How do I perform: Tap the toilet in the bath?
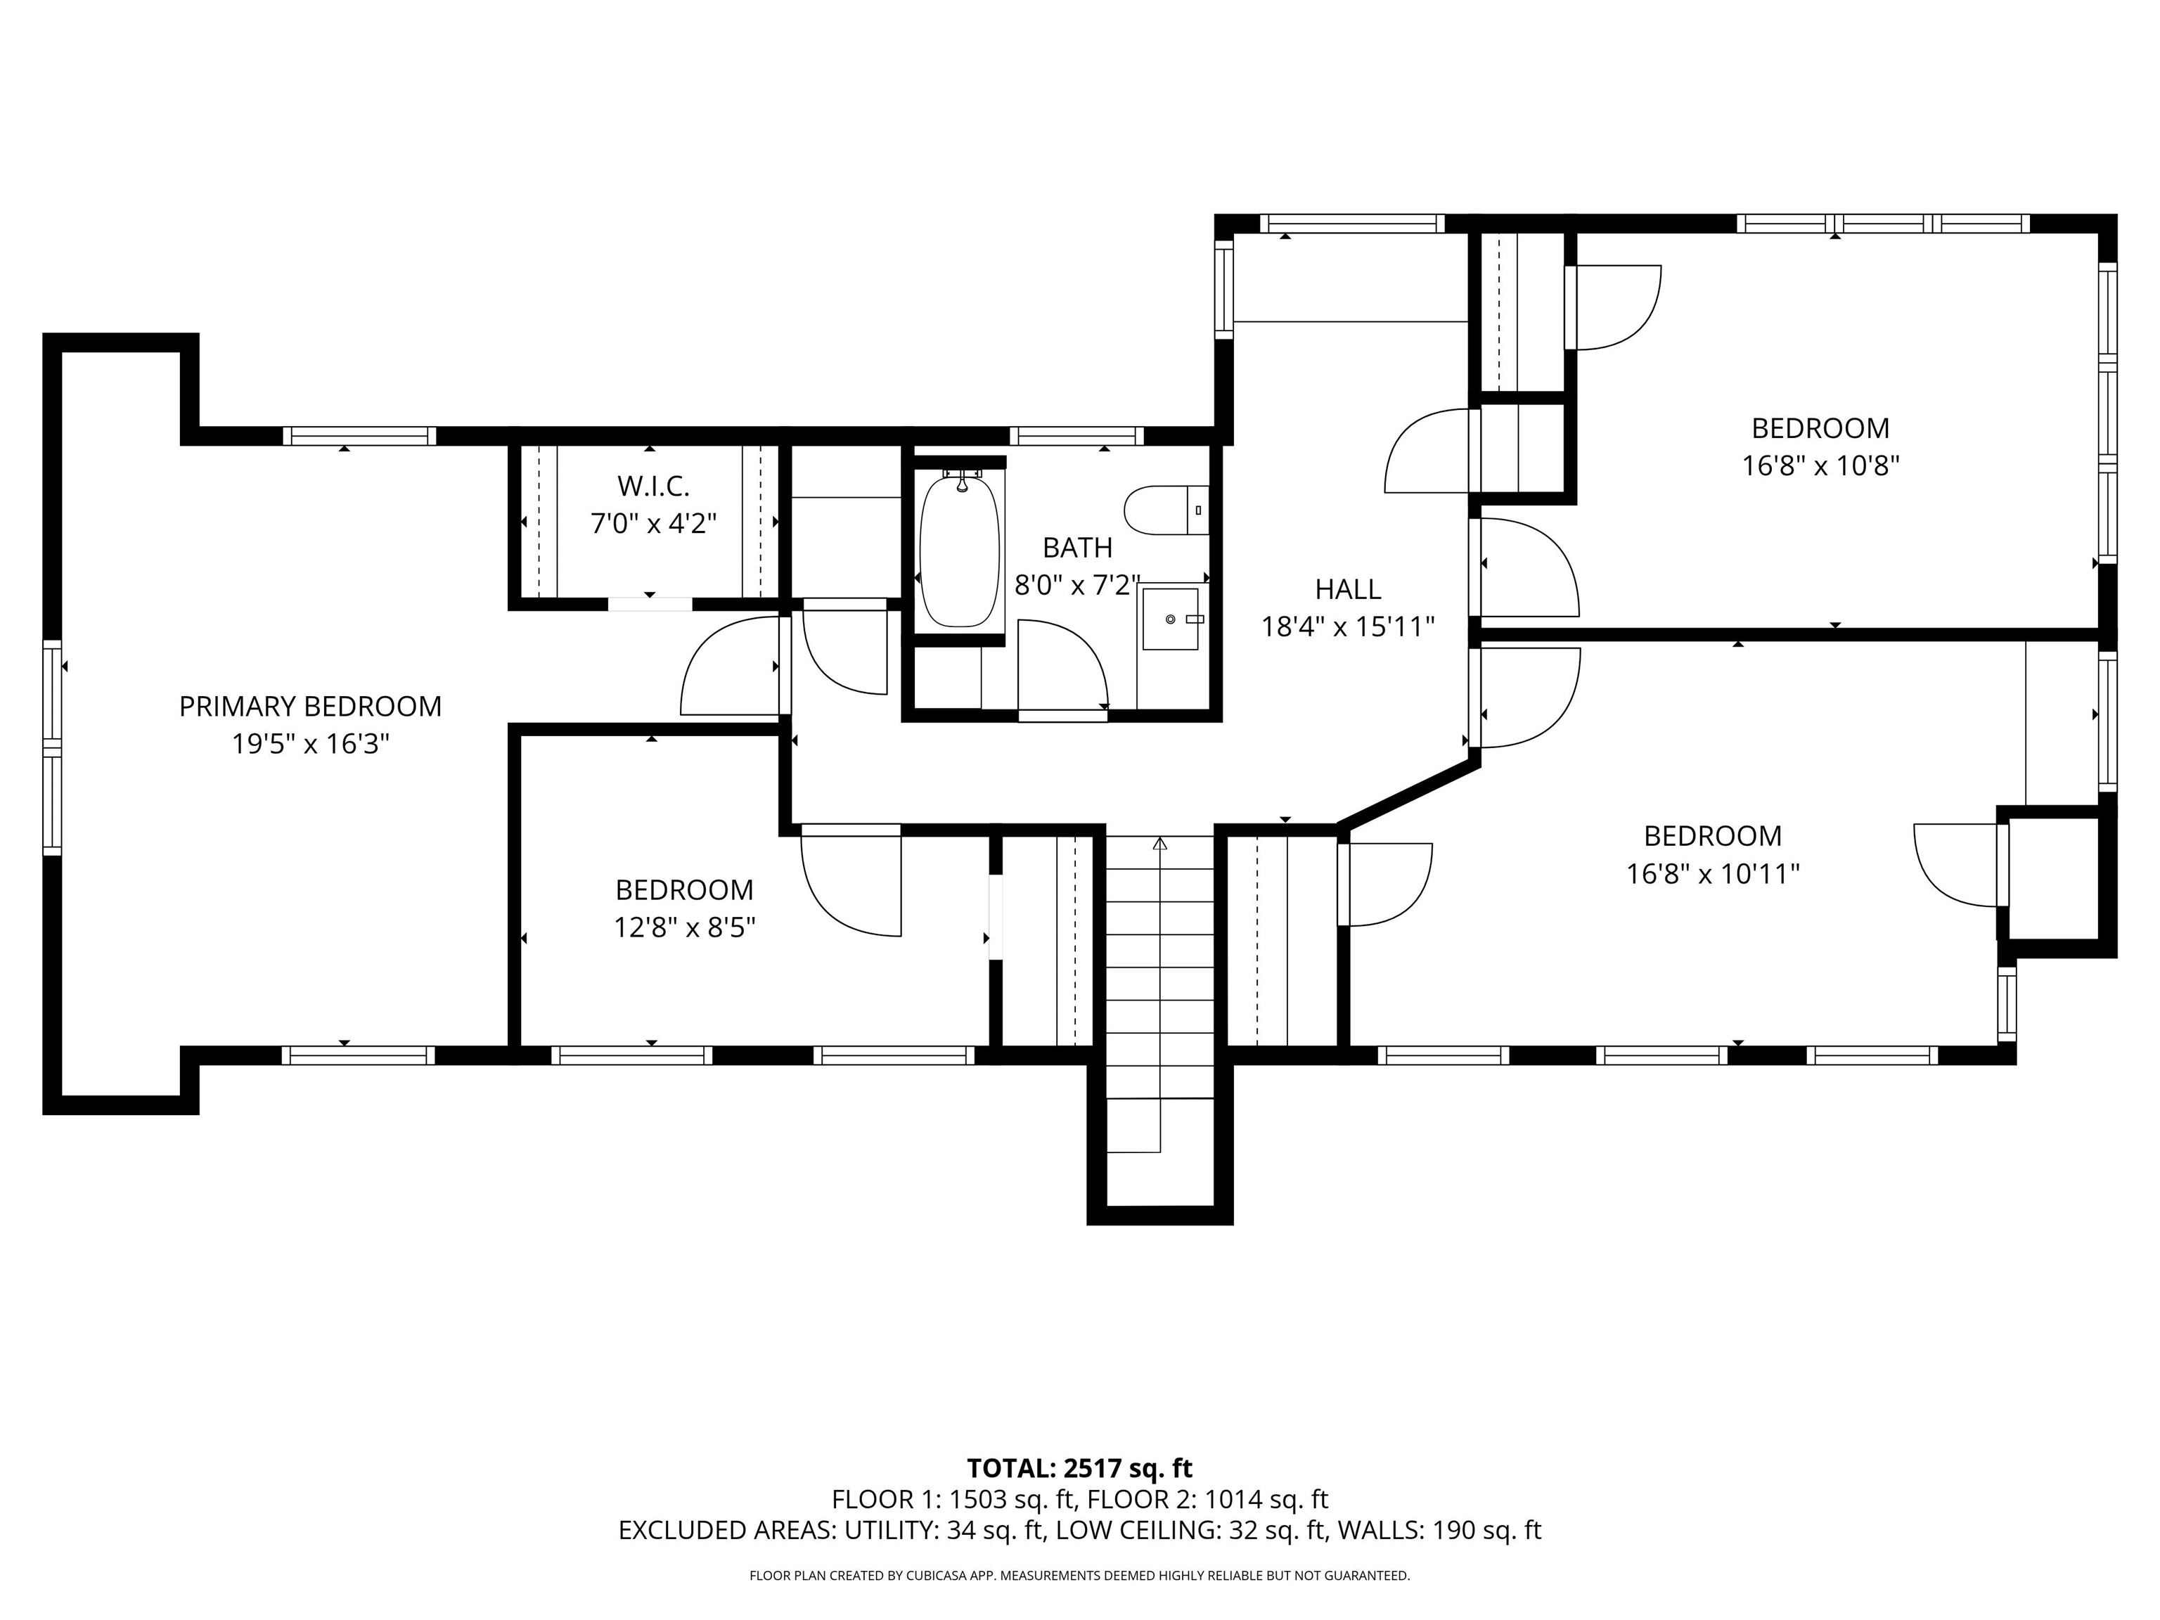tap(1166, 510)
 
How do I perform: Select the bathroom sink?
tap(1170, 618)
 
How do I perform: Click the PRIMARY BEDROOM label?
tap(311, 706)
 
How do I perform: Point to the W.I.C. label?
tap(653, 485)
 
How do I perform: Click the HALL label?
tap(1348, 589)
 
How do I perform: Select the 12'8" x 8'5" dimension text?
tap(685, 927)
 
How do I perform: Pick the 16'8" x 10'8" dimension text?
tap(1820, 465)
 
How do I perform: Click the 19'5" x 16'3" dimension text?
tap(311, 744)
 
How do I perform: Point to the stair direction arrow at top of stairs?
tap(1160, 843)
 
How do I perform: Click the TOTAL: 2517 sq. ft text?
tap(1079, 1469)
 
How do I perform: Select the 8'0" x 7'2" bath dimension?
tap(1078, 585)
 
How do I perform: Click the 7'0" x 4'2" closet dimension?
tap(653, 523)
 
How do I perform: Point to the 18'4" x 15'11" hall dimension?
tap(1348, 626)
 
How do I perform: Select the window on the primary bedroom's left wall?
tap(52, 747)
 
